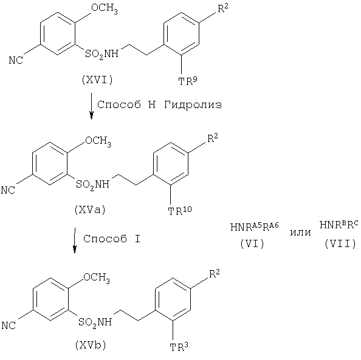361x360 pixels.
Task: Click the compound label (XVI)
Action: [x=97, y=80]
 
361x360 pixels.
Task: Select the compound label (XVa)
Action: [x=90, y=210]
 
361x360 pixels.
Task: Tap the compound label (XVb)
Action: [x=91, y=345]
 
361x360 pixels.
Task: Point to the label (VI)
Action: [x=252, y=243]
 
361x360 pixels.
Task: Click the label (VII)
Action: [x=340, y=243]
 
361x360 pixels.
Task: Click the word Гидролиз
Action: [x=193, y=105]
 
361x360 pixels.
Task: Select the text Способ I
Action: [x=112, y=239]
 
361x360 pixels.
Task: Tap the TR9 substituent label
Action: [x=188, y=81]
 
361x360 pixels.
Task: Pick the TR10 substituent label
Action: [x=180, y=211]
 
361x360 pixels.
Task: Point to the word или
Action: [x=300, y=233]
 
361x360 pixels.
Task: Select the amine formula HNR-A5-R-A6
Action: [x=255, y=227]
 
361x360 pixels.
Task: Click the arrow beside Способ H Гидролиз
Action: [x=91, y=106]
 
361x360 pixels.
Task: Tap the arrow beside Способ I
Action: [x=75, y=240]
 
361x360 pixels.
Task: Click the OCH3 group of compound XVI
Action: [x=105, y=8]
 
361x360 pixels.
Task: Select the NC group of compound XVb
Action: [x=9, y=325]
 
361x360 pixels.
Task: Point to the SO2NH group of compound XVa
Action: [x=92, y=185]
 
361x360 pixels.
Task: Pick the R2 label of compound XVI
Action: [x=223, y=8]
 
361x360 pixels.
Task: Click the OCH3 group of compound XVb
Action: [x=97, y=277]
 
